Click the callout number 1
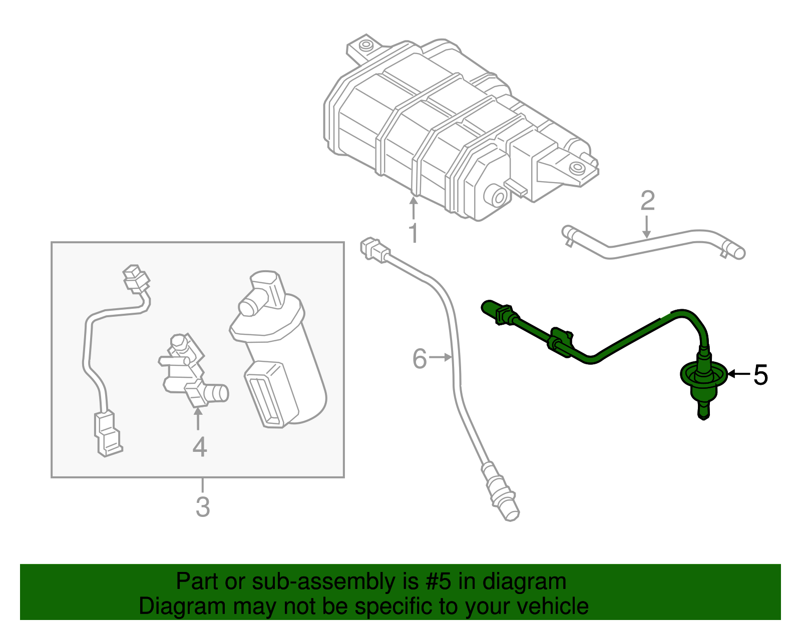pos(413,234)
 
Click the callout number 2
pos(647,201)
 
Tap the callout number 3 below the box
pos(202,507)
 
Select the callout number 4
pos(199,447)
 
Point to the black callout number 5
pos(760,375)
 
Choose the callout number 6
pos(420,359)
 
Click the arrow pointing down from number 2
pos(647,228)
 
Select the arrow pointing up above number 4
pos(198,419)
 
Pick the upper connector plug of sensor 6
pos(372,249)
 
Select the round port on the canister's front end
pos(498,197)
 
